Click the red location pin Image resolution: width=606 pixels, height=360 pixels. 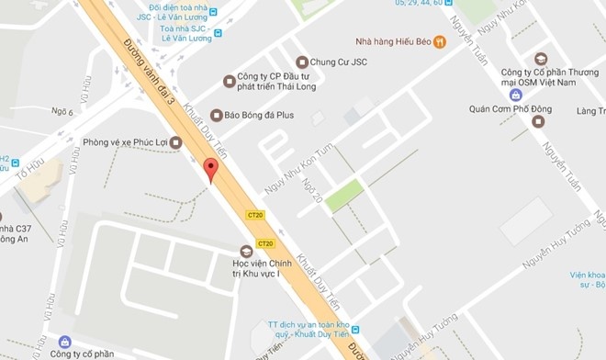pyautogui.click(x=211, y=169)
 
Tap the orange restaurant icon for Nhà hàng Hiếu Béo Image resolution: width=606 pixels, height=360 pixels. pyautogui.click(x=439, y=41)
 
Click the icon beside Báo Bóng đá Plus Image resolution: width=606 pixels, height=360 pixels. pyautogui.click(x=217, y=116)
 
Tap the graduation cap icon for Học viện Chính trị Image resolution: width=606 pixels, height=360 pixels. pyautogui.click(x=245, y=251)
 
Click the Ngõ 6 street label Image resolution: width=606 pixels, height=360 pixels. pyautogui.click(x=62, y=112)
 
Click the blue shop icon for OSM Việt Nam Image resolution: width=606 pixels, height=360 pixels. pyautogui.click(x=516, y=96)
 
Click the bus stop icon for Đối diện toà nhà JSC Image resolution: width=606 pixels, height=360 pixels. pyautogui.click(x=213, y=12)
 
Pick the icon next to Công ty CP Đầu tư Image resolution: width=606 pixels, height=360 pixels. pyautogui.click(x=230, y=82)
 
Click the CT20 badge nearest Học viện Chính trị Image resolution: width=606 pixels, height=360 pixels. pyautogui.click(x=265, y=243)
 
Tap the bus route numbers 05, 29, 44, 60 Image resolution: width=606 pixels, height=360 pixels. pyautogui.click(x=417, y=3)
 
